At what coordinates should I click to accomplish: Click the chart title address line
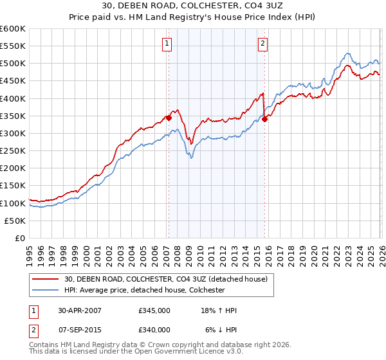[x=193, y=6]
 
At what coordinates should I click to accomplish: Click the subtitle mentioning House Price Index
[x=193, y=17]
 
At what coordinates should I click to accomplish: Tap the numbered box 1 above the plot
[x=167, y=44]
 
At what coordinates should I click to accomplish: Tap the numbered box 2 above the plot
[x=263, y=44]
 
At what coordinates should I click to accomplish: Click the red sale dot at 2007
[x=169, y=118]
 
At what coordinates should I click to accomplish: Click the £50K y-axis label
[x=15, y=221]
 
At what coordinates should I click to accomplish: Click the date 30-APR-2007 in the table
[x=79, y=310]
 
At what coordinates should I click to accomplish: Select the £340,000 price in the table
[x=154, y=330]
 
